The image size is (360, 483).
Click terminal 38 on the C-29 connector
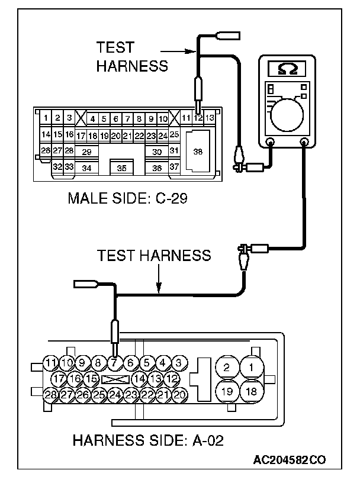pyautogui.click(x=197, y=151)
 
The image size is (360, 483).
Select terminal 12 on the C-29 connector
pyautogui.click(x=198, y=117)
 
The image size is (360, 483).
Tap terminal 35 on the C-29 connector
pyautogui.click(x=122, y=168)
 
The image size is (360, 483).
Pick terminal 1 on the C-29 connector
pyautogui.click(x=46, y=117)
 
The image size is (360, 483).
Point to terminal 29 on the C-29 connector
pyautogui.click(x=87, y=152)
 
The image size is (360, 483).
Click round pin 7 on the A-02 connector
pyautogui.click(x=114, y=363)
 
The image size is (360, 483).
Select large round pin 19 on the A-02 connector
pyautogui.click(x=227, y=391)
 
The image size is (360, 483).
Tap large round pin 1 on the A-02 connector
pyautogui.click(x=252, y=367)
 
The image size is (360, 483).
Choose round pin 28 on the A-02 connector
pyautogui.click(x=50, y=395)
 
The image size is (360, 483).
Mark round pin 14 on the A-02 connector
pyautogui.click(x=139, y=379)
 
